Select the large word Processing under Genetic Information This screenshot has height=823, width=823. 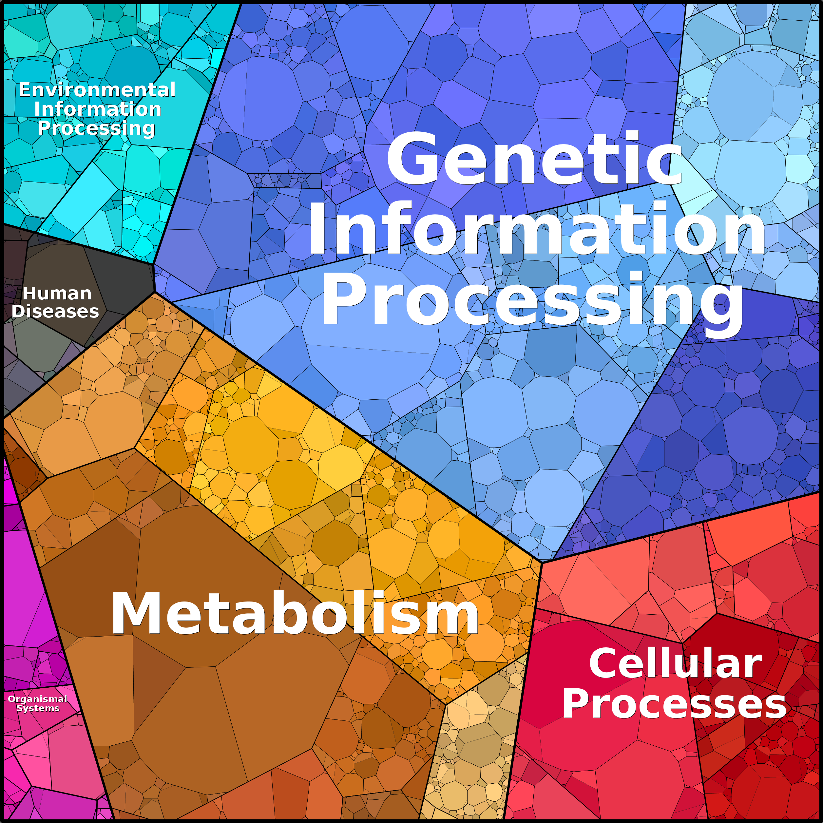coord(532,300)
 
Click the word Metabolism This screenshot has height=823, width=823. coord(295,614)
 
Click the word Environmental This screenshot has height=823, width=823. coord(97,90)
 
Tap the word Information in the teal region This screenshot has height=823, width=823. coord(98,109)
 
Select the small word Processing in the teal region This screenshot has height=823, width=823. coord(96,128)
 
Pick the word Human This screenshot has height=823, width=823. coord(57,294)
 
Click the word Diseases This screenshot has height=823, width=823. coord(55,311)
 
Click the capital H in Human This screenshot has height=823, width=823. coord(29,294)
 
